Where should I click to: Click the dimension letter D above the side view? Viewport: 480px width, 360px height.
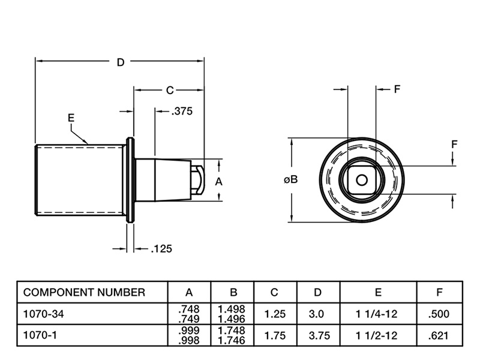click(120, 62)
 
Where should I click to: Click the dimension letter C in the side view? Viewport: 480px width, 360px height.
click(170, 90)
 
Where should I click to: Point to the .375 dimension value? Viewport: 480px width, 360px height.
click(182, 111)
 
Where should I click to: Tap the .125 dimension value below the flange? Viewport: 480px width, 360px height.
click(161, 248)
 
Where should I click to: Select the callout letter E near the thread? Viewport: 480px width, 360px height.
click(71, 118)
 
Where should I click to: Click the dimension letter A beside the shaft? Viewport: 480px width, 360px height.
click(219, 180)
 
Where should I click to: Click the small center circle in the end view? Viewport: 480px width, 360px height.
click(361, 179)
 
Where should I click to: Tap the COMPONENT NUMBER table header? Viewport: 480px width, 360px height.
click(84, 292)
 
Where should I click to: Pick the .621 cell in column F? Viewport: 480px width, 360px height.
click(440, 336)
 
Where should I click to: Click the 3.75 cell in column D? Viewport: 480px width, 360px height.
click(319, 336)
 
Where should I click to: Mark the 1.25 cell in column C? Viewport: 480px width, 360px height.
click(275, 314)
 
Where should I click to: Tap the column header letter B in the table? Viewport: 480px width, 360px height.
click(233, 293)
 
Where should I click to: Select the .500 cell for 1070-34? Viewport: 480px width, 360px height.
click(440, 314)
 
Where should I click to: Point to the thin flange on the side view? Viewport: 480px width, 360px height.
click(130, 180)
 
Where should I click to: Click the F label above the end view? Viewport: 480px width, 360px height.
click(397, 90)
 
